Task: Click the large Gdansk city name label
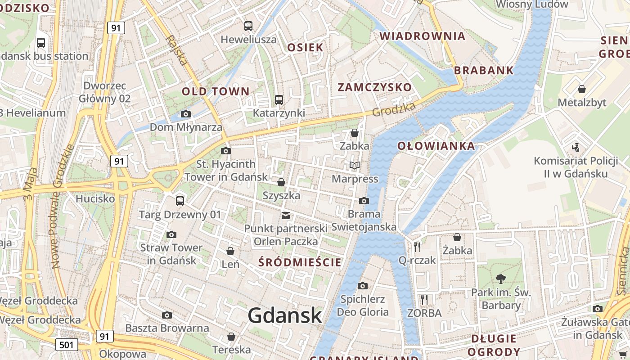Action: pyautogui.click(x=284, y=315)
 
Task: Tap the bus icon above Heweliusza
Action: pyautogui.click(x=248, y=26)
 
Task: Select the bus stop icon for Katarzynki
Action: pyautogui.click(x=279, y=99)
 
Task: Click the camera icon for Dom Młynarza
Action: pyautogui.click(x=185, y=114)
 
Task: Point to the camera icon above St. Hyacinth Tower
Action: pyautogui.click(x=226, y=151)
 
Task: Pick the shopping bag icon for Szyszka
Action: pyautogui.click(x=281, y=182)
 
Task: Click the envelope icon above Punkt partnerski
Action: pyautogui.click(x=286, y=216)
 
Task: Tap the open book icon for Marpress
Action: pyautogui.click(x=355, y=166)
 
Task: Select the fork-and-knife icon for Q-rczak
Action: pyautogui.click(x=417, y=247)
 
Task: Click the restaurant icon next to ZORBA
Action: pyautogui.click(x=424, y=299)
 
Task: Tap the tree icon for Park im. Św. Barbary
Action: pyautogui.click(x=500, y=279)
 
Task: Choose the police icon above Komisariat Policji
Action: pyautogui.click(x=576, y=147)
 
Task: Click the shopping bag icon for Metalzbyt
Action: pyautogui.click(x=582, y=89)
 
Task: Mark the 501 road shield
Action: pyautogui.click(x=67, y=345)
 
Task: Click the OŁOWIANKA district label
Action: pyautogui.click(x=436, y=146)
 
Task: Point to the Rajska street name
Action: pyautogui.click(x=175, y=50)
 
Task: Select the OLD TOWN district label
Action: pyautogui.click(x=215, y=91)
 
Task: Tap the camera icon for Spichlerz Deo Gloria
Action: pyautogui.click(x=363, y=286)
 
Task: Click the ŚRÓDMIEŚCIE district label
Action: pyautogui.click(x=300, y=262)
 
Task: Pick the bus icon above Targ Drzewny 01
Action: pyautogui.click(x=180, y=201)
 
